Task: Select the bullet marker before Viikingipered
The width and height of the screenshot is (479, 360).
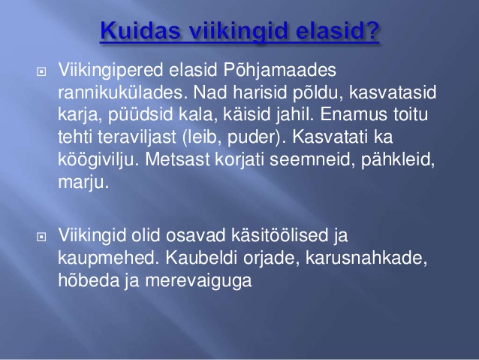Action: click(x=41, y=71)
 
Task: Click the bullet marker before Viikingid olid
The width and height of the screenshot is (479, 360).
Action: click(x=41, y=237)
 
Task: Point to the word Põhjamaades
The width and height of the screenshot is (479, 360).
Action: click(x=280, y=71)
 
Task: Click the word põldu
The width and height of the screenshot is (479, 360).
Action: click(x=318, y=93)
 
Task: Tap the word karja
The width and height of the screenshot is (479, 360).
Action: click(x=80, y=115)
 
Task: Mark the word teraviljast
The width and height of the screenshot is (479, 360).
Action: click(x=137, y=138)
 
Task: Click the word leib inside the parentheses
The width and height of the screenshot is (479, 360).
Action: click(x=203, y=137)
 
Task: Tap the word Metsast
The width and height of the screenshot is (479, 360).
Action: click(x=177, y=159)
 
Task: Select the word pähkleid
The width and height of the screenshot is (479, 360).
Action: click(x=398, y=160)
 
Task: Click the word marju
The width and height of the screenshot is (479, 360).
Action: click(x=83, y=183)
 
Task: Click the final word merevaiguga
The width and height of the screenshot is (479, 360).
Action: click(x=198, y=281)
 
